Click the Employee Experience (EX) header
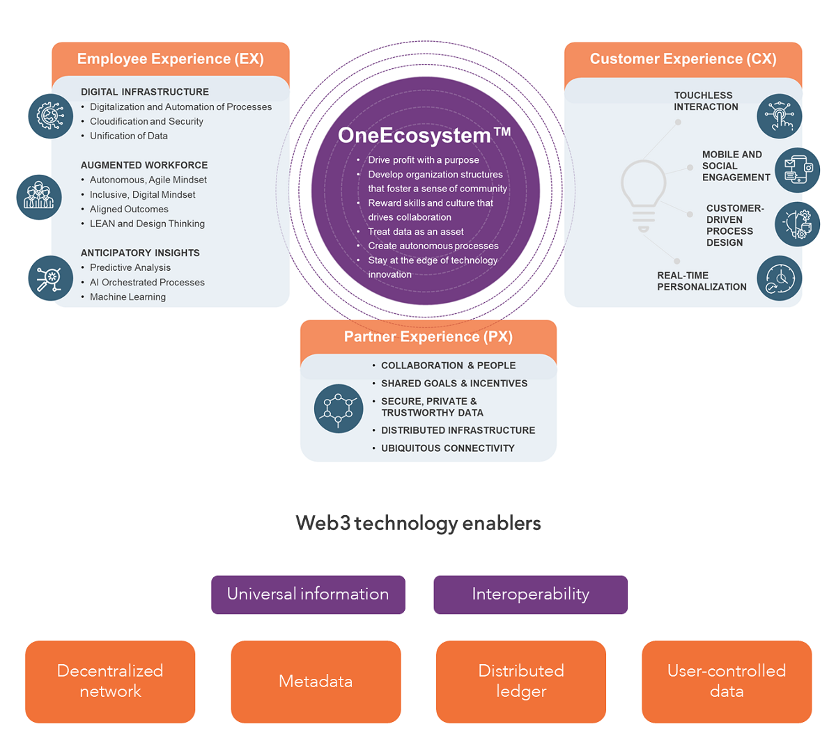tap(170, 59)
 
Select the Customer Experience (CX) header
tap(683, 59)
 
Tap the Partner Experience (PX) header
tap(428, 337)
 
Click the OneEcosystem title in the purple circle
tap(424, 135)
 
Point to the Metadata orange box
tap(316, 682)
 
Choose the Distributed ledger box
tap(521, 682)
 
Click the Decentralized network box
tap(110, 682)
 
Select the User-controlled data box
tap(727, 682)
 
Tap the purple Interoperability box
tap(530, 595)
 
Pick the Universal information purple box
tap(308, 595)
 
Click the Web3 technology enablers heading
tap(418, 524)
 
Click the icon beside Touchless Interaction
tap(780, 116)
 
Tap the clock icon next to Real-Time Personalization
tap(780, 278)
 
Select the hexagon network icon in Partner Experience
tap(339, 409)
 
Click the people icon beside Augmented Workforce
tap(39, 197)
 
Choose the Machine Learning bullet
tap(127, 297)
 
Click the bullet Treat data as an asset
tap(416, 232)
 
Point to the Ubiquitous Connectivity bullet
tap(447, 448)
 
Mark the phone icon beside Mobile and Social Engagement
tap(797, 170)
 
